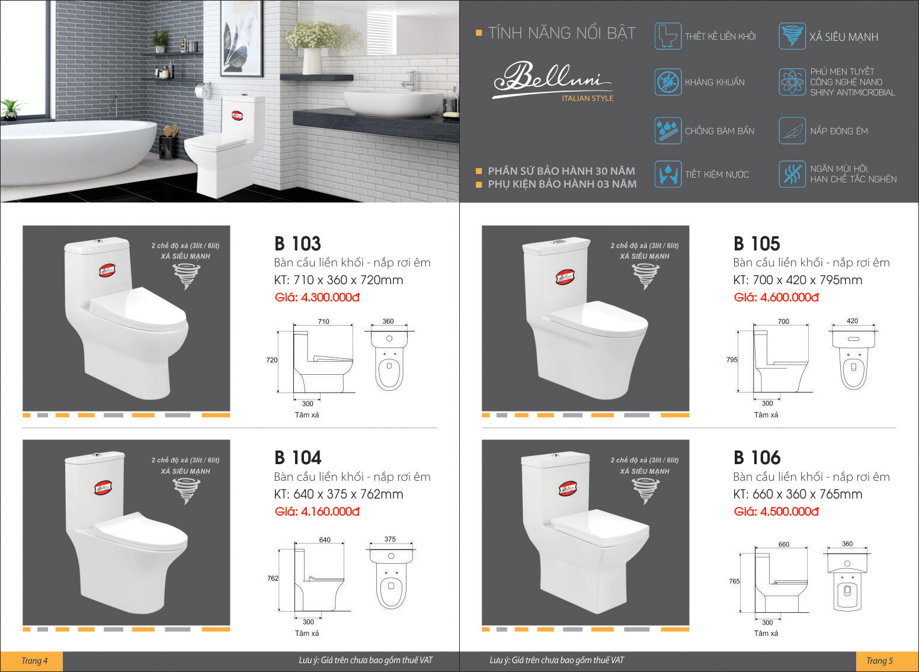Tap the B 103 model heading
(297, 243)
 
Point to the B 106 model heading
(757, 458)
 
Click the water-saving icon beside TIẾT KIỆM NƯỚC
(668, 174)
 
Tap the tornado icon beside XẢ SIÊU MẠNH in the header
(792, 36)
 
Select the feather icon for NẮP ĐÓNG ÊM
(792, 131)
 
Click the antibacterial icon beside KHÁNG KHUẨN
(668, 82)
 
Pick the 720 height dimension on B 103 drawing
(271, 360)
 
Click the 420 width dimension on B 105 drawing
(852, 321)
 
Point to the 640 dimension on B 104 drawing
(325, 539)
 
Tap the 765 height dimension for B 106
(734, 581)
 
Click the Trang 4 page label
(34, 661)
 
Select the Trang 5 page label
(880, 661)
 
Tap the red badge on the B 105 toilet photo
(565, 277)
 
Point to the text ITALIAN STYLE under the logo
(588, 98)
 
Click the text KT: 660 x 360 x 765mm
(798, 494)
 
